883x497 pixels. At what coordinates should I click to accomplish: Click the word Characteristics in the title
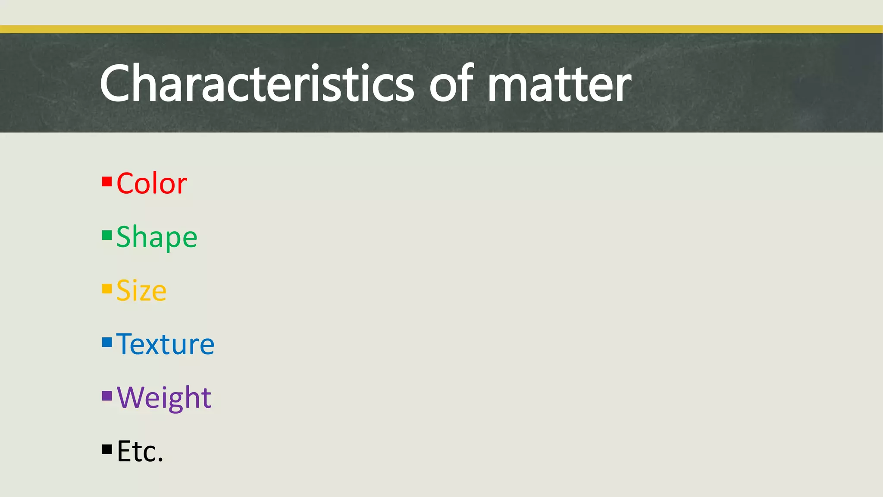pos(257,83)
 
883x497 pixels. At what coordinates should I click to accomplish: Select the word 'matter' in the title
pos(559,84)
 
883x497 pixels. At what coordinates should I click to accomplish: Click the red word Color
pos(152,183)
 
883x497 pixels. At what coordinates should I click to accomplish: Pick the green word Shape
pos(157,237)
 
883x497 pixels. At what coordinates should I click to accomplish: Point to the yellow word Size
pos(141,290)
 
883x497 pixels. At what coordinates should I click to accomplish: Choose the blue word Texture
pos(165,344)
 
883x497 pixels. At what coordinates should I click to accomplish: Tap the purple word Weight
pos(164,397)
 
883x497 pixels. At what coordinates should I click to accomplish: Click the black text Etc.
pos(140,451)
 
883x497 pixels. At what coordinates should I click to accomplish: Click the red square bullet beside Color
pos(107,182)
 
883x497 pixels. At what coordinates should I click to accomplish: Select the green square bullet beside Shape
pos(107,235)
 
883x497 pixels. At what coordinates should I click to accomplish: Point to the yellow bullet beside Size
pos(107,289)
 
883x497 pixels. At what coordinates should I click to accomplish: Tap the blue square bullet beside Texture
pos(107,342)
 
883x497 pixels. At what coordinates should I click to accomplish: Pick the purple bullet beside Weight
pos(107,396)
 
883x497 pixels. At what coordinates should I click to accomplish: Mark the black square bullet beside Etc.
pos(107,450)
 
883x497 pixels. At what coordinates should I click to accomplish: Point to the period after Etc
pos(160,460)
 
